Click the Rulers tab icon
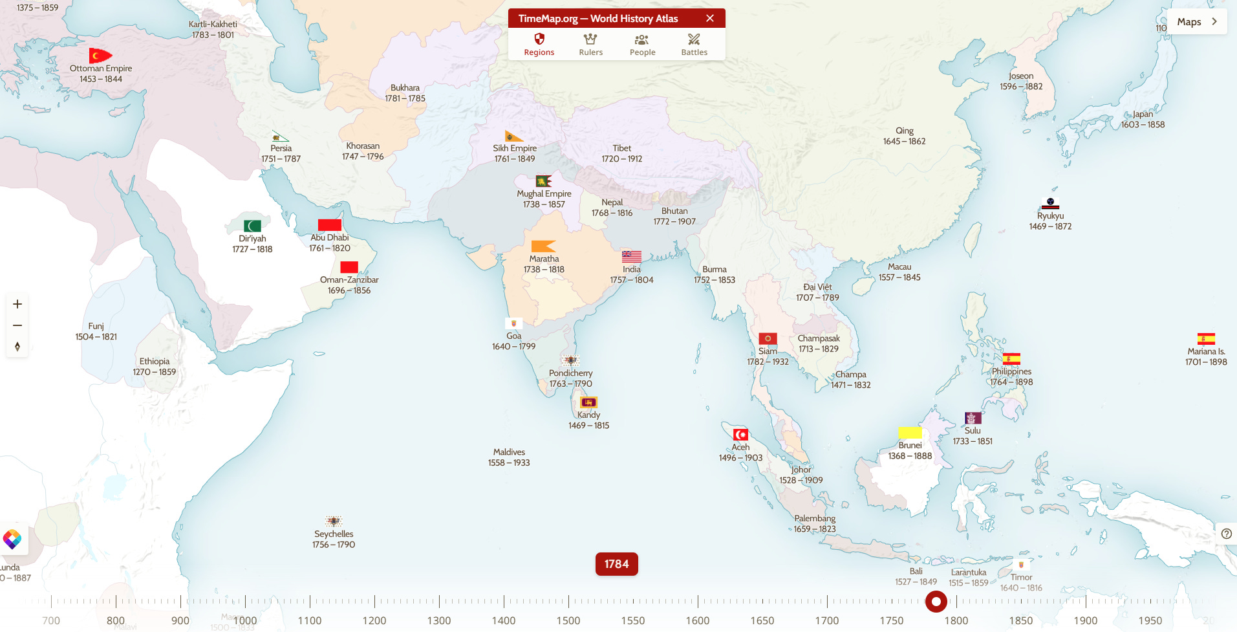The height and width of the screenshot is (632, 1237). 590,39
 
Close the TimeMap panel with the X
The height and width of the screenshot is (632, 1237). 710,18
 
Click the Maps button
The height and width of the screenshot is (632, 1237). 1197,21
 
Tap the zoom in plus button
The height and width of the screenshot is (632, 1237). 17,304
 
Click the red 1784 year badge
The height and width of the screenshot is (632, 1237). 616,564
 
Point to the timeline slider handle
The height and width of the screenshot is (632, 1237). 936,602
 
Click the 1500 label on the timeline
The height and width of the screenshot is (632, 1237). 568,620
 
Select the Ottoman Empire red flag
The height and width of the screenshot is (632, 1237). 100,56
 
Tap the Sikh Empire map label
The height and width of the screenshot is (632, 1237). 515,148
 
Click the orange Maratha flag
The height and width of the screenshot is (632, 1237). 543,246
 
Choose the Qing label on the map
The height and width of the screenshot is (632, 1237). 905,131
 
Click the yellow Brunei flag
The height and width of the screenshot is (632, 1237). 910,432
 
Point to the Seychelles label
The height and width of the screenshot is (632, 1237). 334,534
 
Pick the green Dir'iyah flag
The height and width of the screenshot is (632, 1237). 252,226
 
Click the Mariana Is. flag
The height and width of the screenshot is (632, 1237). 1206,339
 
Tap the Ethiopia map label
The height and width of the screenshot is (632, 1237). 155,362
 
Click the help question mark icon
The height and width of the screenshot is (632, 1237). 1227,534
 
